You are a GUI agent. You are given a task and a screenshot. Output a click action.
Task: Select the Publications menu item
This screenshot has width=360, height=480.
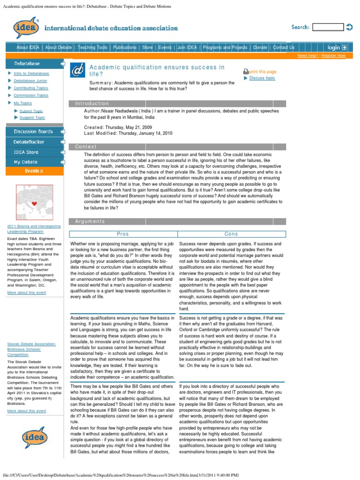pos(125,47)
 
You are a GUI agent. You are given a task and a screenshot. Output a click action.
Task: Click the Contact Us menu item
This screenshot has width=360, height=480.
pos(284,47)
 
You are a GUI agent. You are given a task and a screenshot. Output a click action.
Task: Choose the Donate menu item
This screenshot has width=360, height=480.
pos(260,47)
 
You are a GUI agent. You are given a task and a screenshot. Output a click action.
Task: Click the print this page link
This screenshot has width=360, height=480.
pos(262,72)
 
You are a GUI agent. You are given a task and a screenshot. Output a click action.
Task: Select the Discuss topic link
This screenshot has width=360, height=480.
pos(262,78)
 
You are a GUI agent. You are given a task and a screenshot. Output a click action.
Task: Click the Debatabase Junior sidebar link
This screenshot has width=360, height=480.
pos(30,81)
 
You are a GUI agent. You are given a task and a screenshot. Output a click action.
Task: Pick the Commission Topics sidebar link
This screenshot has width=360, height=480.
pos(31,95)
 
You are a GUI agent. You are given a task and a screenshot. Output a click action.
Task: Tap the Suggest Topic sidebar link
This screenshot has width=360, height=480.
pos(32,118)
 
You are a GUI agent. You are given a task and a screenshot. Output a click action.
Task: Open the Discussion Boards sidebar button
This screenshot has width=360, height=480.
pos(34,132)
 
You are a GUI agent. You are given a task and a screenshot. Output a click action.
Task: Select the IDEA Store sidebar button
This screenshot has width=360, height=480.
pos(26,152)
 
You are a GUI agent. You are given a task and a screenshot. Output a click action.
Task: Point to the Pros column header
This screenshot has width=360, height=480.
pos(123,234)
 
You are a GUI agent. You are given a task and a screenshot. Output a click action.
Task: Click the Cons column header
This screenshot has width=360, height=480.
pos(231,234)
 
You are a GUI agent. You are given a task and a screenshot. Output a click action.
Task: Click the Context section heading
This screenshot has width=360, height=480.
pos(85,147)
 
